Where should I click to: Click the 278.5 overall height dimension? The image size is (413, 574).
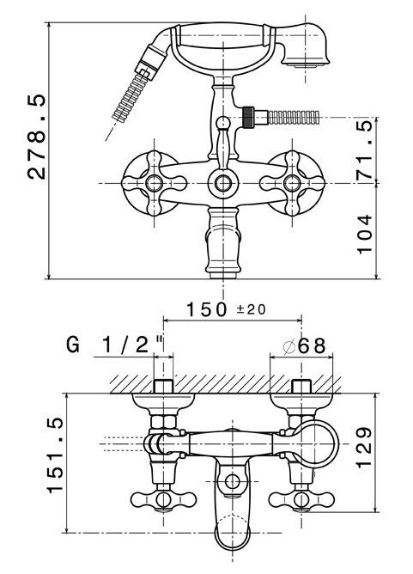tap(37, 137)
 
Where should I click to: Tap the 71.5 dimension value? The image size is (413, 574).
tap(364, 150)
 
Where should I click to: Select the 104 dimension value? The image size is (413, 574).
tap(364, 235)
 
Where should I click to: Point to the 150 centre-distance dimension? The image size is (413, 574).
tap(207, 309)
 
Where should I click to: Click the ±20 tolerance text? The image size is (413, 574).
tap(251, 309)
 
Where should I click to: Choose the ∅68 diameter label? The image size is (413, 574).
tap(304, 345)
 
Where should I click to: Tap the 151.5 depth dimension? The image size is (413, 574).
tap(56, 456)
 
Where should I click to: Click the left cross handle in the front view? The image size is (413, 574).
tap(154, 183)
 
